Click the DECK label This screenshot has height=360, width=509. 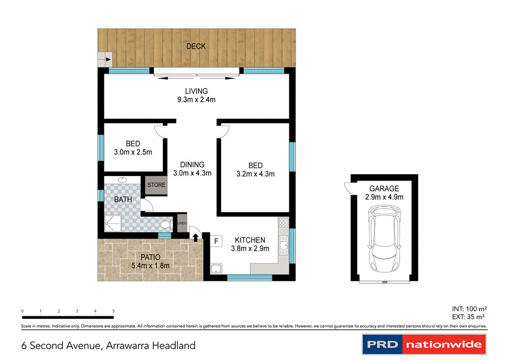tap(196, 47)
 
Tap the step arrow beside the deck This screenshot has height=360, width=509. tap(105, 60)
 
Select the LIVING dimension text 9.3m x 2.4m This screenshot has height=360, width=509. tap(196, 99)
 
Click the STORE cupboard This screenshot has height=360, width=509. tap(156, 185)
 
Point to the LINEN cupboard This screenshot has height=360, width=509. tap(181, 224)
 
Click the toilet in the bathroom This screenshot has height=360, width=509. tap(165, 224)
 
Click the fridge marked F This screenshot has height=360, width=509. tap(216, 242)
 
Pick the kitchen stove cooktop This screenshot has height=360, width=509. tap(283, 223)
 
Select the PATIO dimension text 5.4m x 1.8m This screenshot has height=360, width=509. tap(150, 266)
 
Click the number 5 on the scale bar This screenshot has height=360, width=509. tap(114, 311)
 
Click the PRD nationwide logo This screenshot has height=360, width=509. tap(423, 344)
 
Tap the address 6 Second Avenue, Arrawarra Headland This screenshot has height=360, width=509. tap(108, 345)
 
